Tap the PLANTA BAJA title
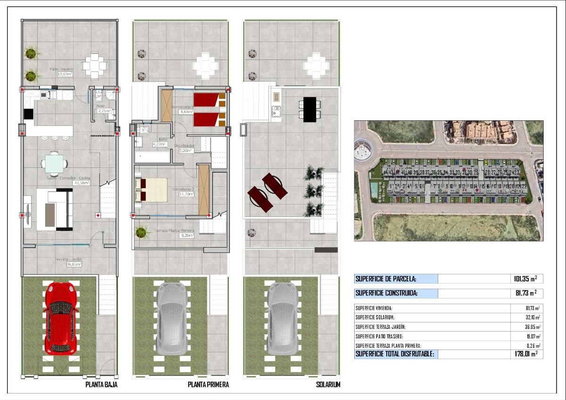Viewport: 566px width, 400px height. [x=101, y=385]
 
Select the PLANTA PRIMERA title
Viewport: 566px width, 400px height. [x=208, y=385]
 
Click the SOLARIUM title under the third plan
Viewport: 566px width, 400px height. [x=328, y=385]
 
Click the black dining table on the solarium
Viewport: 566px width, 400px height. [x=310, y=109]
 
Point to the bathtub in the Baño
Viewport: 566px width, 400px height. [x=152, y=157]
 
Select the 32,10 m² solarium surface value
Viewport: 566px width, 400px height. [x=530, y=317]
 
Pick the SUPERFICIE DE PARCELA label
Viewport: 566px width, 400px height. [x=385, y=279]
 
